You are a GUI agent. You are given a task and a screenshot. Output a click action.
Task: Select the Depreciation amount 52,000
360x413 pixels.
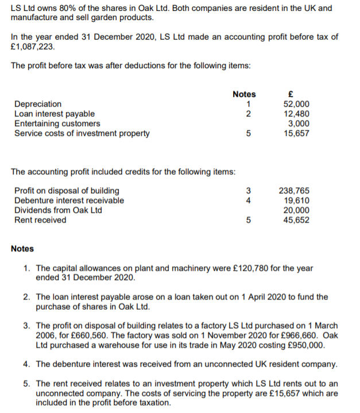point(297,104)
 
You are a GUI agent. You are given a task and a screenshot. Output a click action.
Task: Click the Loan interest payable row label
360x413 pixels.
point(55,114)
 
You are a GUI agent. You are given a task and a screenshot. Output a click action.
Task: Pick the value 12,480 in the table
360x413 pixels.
point(297,114)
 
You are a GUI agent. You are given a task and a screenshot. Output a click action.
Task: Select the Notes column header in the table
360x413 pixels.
point(244,94)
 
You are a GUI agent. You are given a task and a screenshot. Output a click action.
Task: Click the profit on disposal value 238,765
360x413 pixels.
point(294,190)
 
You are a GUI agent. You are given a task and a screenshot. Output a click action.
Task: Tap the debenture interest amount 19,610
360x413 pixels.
point(297,200)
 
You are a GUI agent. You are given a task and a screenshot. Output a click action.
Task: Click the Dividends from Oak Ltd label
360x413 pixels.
point(58,210)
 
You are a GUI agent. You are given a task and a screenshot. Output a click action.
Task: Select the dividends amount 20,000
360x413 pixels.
point(297,210)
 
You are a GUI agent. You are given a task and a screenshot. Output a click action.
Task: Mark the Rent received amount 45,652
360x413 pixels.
point(297,220)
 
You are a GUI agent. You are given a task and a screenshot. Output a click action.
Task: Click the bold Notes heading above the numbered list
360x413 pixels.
point(22,248)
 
